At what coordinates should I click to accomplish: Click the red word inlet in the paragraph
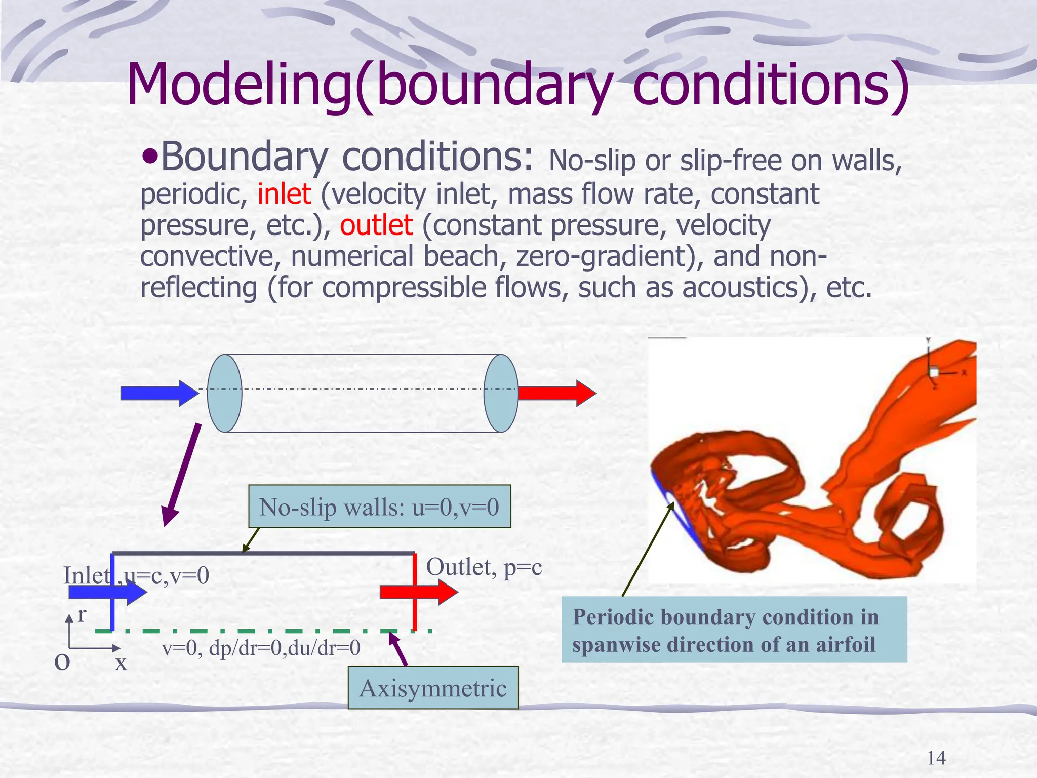pos(284,194)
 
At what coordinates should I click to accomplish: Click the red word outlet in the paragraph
pos(376,225)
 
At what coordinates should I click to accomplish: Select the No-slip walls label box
pos(379,507)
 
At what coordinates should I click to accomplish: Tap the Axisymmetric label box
pos(433,688)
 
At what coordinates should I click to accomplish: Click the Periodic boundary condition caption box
pos(734,630)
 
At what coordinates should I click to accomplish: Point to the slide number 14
pos(936,758)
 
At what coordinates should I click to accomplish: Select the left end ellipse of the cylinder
pos(225,393)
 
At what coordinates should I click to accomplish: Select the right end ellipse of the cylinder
pos(501,393)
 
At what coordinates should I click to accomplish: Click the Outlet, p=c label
pos(484,567)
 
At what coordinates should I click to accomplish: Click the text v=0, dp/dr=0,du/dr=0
pos(261,648)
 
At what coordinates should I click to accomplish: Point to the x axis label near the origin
pos(121,663)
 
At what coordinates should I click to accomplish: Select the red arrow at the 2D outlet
pos(418,592)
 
